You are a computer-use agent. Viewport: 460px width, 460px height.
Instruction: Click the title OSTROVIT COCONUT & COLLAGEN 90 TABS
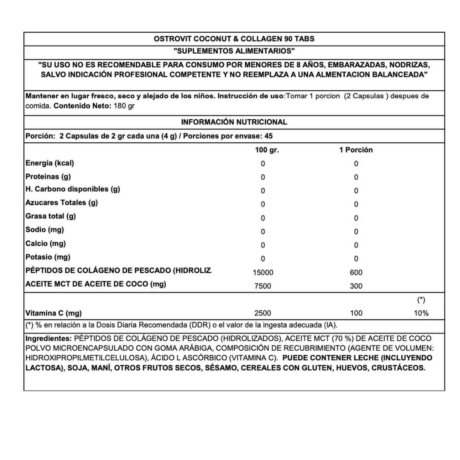click(234, 39)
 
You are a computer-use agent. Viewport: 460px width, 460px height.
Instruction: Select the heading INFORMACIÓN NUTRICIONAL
click(234, 122)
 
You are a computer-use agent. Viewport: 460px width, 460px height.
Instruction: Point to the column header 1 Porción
click(356, 150)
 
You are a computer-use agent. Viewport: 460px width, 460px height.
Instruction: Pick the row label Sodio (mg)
click(45, 230)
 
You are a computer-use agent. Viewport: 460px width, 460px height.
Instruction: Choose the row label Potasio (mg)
click(48, 257)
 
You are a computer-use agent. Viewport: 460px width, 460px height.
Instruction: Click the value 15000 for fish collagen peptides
click(263, 273)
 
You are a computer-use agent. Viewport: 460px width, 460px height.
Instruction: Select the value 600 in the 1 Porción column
click(356, 273)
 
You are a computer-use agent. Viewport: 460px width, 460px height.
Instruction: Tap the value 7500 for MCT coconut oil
click(262, 286)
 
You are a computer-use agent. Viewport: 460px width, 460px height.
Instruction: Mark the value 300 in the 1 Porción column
click(356, 286)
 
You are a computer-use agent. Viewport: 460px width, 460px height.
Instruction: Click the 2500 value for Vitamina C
click(262, 313)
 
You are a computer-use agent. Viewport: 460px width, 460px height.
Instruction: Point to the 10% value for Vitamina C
click(421, 313)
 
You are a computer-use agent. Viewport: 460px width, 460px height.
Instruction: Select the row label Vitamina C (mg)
click(54, 313)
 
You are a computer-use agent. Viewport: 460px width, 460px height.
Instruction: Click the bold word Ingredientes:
click(49, 339)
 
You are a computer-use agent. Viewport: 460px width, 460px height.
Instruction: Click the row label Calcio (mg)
click(46, 244)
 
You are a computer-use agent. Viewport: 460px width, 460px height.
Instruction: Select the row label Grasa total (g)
click(51, 216)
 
